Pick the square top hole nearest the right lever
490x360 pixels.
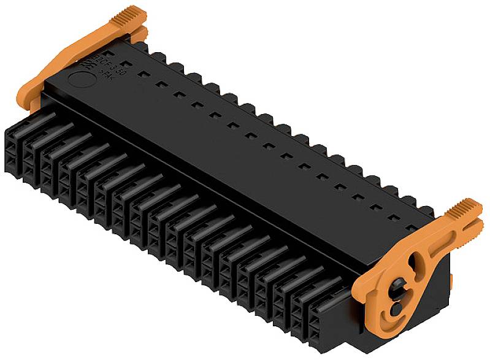[x=413, y=219]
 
